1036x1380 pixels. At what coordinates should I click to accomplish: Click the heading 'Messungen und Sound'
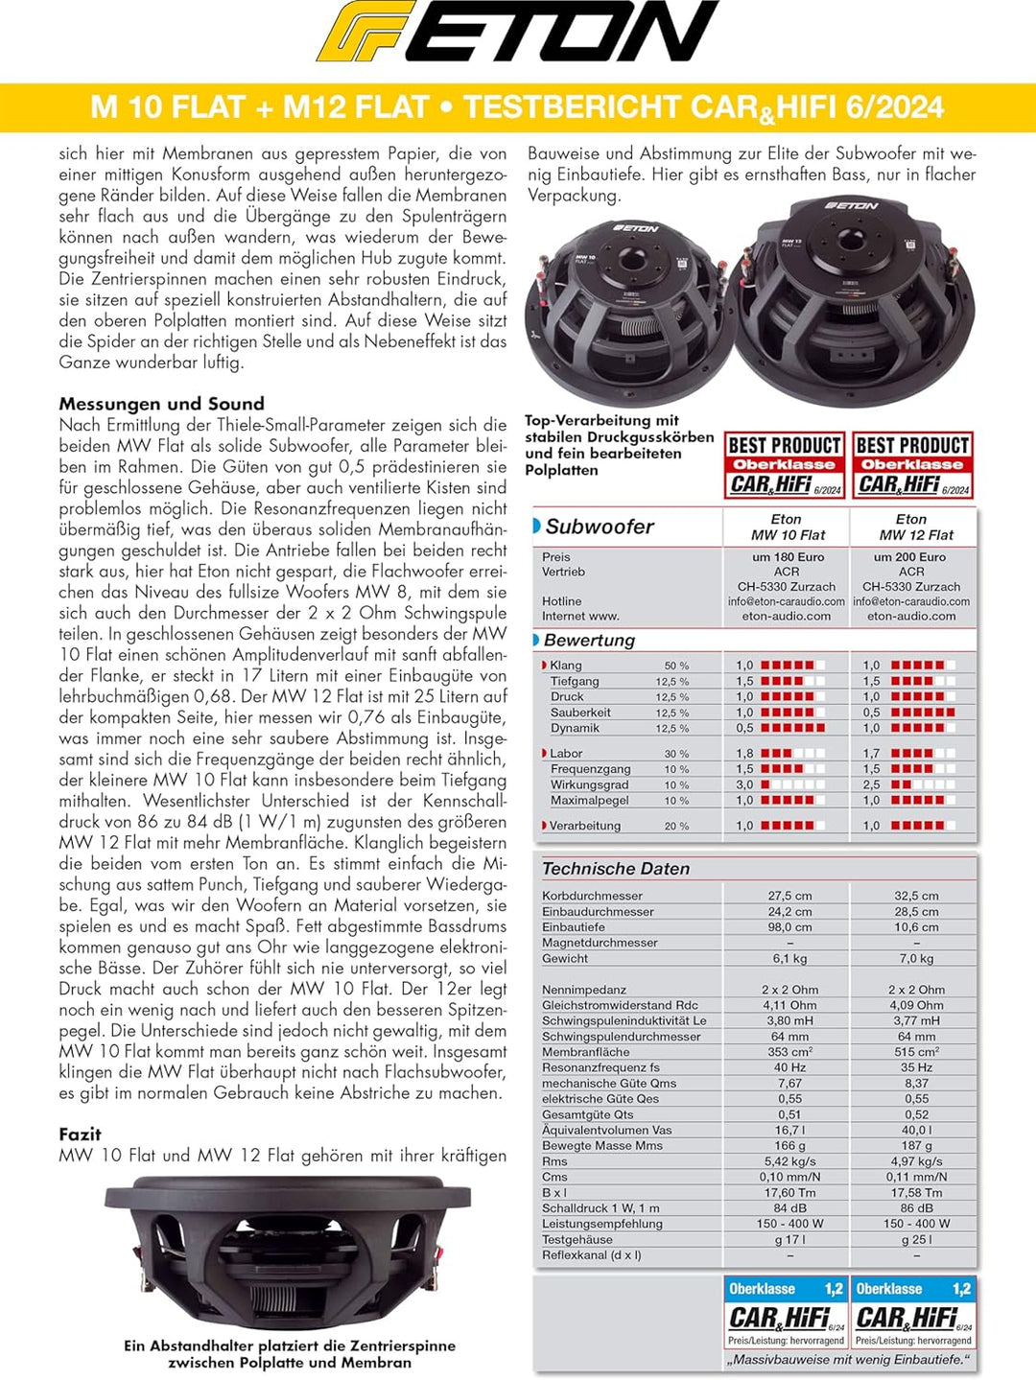(161, 404)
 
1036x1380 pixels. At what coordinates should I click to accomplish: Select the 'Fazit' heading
(80, 1134)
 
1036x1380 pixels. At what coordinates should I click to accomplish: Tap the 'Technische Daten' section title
(615, 868)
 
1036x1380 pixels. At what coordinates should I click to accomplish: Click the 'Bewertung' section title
(588, 640)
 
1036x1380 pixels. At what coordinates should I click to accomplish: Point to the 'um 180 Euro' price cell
(788, 557)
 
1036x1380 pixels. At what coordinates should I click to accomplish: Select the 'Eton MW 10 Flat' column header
(787, 526)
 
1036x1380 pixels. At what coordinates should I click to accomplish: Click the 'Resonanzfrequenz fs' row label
(600, 1067)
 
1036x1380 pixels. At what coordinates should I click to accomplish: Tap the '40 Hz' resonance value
(789, 1067)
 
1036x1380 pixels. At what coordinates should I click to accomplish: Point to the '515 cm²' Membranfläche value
(915, 1052)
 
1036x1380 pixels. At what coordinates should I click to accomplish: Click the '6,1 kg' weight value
(789, 958)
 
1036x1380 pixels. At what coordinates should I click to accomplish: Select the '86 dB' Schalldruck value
(915, 1207)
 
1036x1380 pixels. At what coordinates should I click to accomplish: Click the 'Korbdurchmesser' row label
(592, 896)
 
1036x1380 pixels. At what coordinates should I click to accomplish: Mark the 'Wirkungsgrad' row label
(589, 784)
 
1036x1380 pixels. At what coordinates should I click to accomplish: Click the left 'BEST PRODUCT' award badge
(784, 465)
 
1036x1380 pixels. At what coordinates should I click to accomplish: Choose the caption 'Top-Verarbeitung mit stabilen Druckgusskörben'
(619, 445)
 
